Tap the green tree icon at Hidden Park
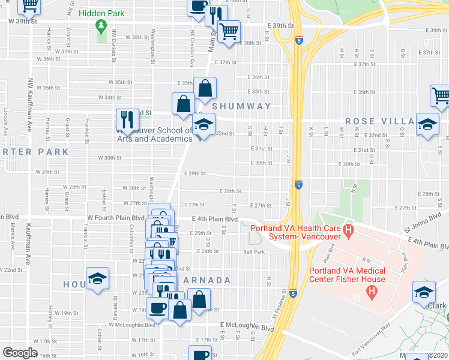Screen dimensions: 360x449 tap(101, 26)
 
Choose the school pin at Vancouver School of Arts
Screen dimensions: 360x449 tap(205, 126)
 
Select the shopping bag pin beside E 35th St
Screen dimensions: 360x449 tap(205, 89)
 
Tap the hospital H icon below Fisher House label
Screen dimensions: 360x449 tap(372, 293)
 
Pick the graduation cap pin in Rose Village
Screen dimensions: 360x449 tap(427, 125)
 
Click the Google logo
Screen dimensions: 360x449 tap(20, 353)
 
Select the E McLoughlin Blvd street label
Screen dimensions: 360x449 tap(246, 326)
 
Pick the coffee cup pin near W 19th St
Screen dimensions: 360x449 tap(157, 308)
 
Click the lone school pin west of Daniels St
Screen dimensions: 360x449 tap(97, 278)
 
